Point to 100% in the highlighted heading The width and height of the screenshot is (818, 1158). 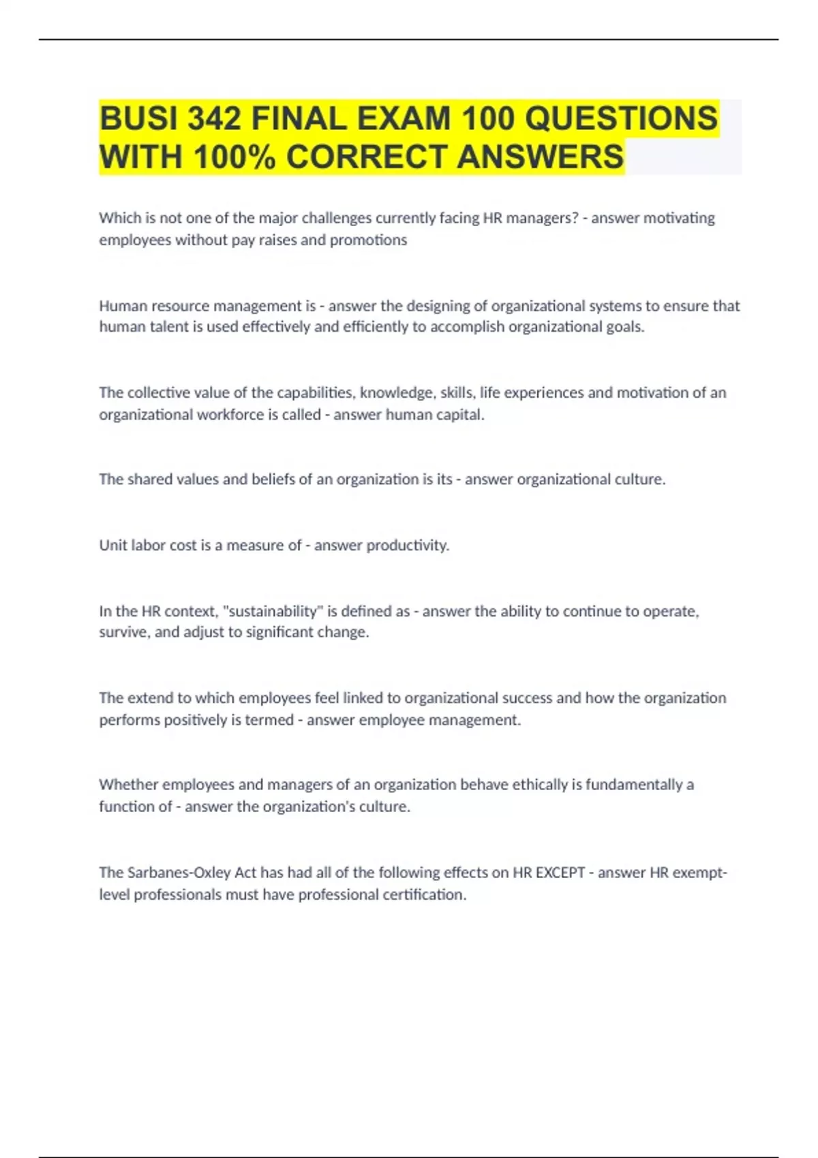click(234, 157)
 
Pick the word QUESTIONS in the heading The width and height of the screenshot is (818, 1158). click(622, 119)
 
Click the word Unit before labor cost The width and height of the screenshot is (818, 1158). click(112, 546)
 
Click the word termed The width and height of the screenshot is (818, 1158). click(268, 720)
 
